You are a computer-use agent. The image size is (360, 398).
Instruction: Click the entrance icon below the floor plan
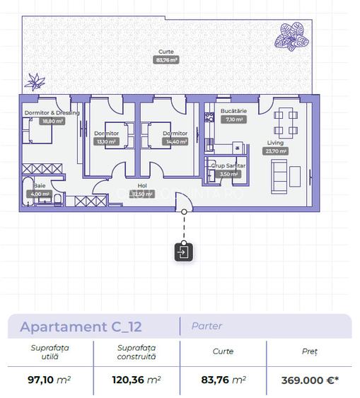pos(183,252)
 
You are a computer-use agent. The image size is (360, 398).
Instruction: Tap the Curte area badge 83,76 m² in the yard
pos(166,61)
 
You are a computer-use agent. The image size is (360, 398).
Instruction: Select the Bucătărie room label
pos(233,112)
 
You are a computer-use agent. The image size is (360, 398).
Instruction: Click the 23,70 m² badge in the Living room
pos(275,151)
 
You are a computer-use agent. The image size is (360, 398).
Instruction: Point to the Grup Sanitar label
pos(228,165)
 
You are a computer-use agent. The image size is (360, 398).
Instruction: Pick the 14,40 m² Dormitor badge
pos(175,141)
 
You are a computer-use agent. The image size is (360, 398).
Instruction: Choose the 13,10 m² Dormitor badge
pos(106,141)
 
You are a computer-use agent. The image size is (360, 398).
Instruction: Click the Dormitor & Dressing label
pos(52,112)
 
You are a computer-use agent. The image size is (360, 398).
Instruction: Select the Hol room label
pos(142,186)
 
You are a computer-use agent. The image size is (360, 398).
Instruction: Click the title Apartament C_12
pos(81,327)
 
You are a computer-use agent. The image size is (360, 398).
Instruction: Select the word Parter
pos(207,326)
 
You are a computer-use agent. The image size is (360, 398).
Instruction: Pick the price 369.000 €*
pos(309,380)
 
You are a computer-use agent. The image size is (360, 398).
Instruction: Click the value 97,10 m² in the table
pos(50,380)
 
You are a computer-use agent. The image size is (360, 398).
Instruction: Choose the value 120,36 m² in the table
pos(137,380)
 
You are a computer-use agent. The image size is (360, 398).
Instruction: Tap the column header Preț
pos(309,351)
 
